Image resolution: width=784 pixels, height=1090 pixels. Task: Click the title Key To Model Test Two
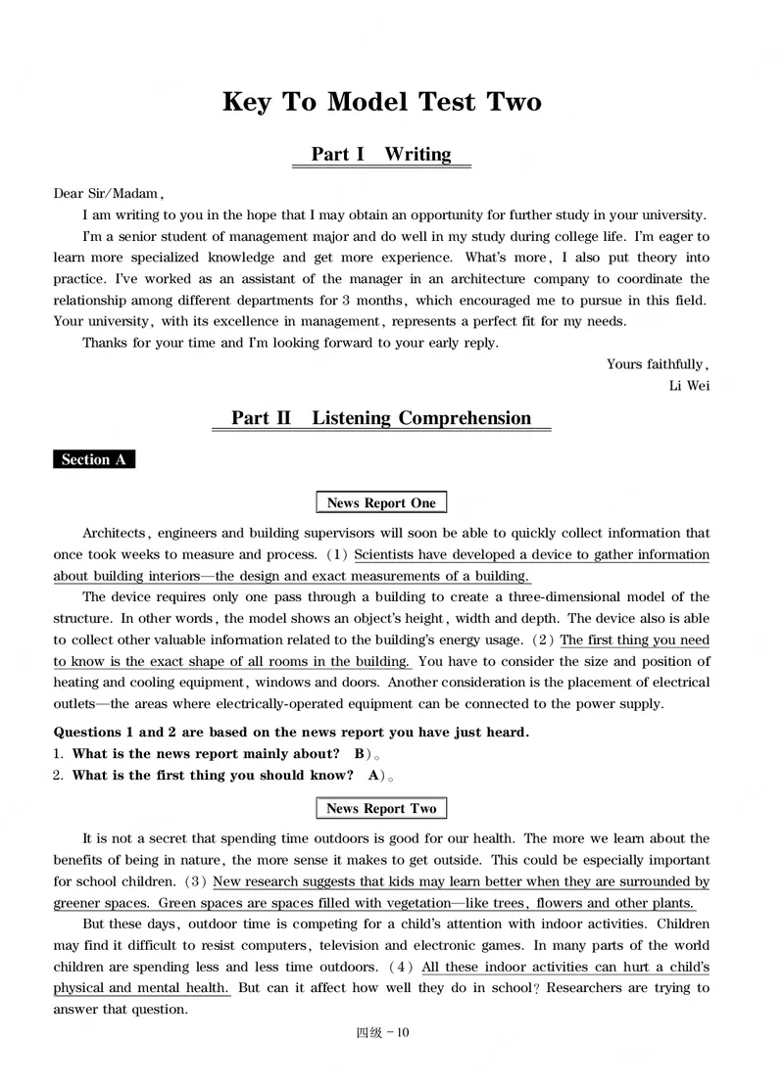[x=382, y=102]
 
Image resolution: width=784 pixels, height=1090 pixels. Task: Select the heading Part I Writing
[x=381, y=154]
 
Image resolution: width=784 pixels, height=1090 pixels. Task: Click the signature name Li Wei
[x=689, y=385]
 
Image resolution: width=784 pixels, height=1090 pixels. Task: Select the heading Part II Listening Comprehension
[x=381, y=418]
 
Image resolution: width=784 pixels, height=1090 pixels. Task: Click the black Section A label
[x=93, y=459]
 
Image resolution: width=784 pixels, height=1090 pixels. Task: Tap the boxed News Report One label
[x=381, y=502]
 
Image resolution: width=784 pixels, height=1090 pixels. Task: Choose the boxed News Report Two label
[x=381, y=808]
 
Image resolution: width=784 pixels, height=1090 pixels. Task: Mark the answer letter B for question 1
[x=361, y=753]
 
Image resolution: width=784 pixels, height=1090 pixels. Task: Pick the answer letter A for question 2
[x=373, y=775]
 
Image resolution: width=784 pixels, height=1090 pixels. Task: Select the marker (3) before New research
[x=196, y=881]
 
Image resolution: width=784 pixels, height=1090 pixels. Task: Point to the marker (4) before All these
[x=404, y=967]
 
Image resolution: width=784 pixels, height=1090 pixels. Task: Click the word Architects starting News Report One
[x=114, y=533]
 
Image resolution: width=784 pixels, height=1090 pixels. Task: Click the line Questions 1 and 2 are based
[x=291, y=732]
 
